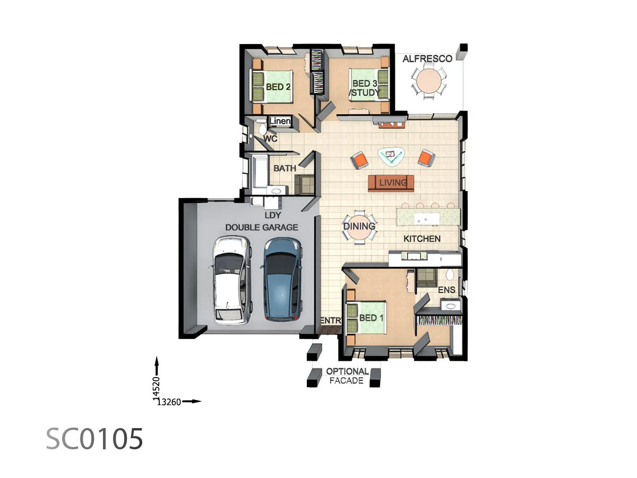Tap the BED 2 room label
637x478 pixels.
pyautogui.click(x=278, y=86)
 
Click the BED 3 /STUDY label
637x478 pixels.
pyautogui.click(x=366, y=88)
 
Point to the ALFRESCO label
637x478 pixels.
pyautogui.click(x=427, y=58)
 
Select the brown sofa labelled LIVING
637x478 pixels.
pyautogui.click(x=392, y=183)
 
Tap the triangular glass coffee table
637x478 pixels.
pyautogui.click(x=392, y=156)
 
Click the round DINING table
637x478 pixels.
pyautogui.click(x=359, y=226)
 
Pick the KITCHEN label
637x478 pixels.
pyautogui.click(x=422, y=239)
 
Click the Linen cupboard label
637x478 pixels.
pyautogui.click(x=280, y=122)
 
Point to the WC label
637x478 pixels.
pyautogui.click(x=271, y=139)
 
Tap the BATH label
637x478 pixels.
pyautogui.click(x=285, y=168)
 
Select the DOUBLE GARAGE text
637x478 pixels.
pyautogui.click(x=262, y=227)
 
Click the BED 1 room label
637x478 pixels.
pyautogui.click(x=372, y=318)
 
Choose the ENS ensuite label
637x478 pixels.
pyautogui.click(x=446, y=290)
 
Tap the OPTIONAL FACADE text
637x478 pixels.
pyautogui.click(x=347, y=376)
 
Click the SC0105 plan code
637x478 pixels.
pyautogui.click(x=94, y=439)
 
